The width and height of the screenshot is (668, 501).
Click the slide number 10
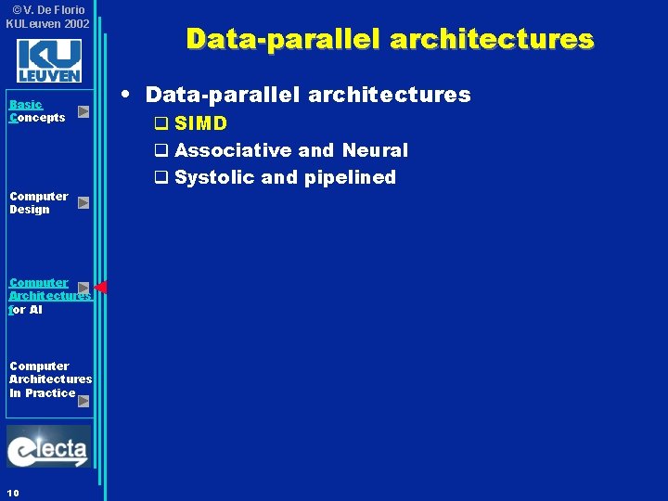tap(12, 492)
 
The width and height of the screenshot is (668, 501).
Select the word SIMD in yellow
tap(200, 123)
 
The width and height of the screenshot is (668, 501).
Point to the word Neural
tap(375, 150)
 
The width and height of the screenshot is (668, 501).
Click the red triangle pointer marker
tap(101, 288)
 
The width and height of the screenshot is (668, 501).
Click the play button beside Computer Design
tap(83, 202)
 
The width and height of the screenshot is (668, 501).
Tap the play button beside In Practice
tap(83, 401)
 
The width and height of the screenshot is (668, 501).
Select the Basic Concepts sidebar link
tap(37, 111)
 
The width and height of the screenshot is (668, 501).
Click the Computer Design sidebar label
tap(39, 202)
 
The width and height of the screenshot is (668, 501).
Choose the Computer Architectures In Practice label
tap(49, 379)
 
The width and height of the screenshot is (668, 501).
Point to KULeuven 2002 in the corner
tap(47, 23)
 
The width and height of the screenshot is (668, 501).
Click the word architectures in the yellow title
tap(492, 39)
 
